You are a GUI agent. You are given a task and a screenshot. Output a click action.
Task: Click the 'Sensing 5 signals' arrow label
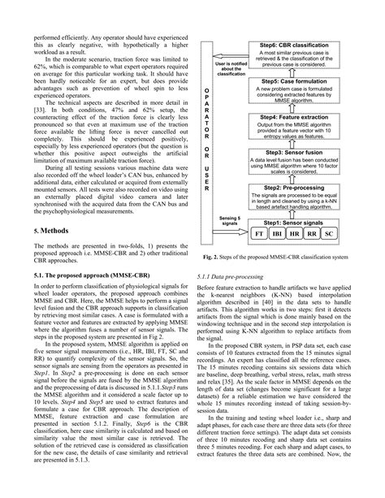pos(229,222)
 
